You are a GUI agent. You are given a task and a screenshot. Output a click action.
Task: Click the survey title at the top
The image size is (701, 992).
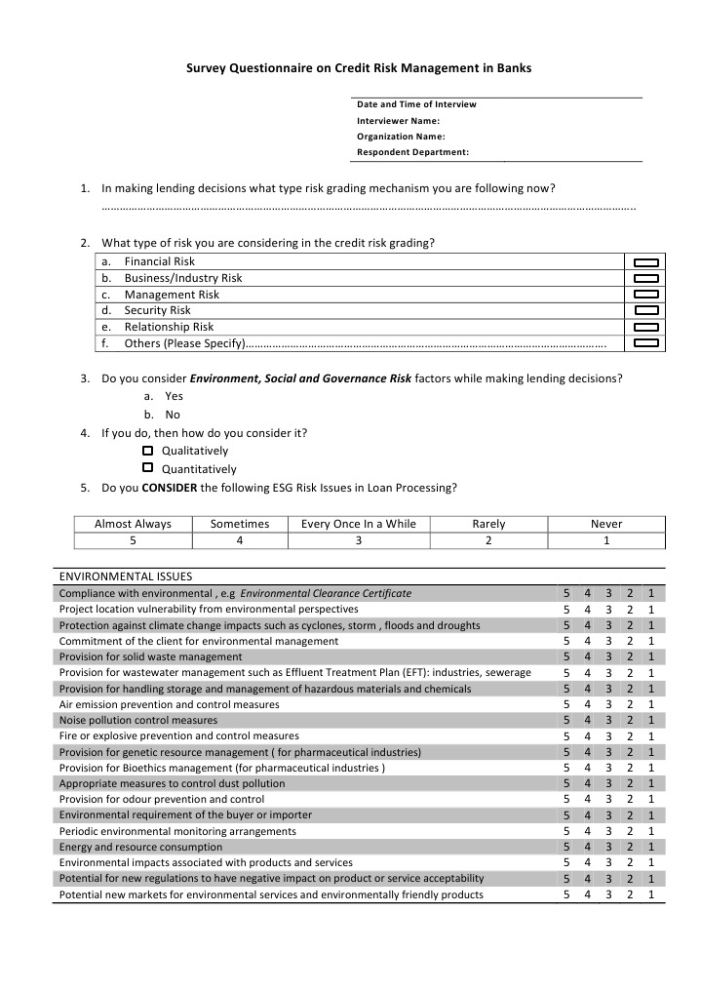(x=359, y=68)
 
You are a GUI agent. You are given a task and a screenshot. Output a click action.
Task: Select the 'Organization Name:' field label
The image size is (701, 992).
(x=401, y=137)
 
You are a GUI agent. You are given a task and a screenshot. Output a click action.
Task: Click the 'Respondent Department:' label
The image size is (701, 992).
(x=412, y=152)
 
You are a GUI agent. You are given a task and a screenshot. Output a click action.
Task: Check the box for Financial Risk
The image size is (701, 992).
(x=646, y=262)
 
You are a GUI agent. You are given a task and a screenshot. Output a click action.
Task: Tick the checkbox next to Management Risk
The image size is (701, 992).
(x=646, y=295)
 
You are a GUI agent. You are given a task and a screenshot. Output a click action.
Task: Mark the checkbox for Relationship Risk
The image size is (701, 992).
(x=646, y=327)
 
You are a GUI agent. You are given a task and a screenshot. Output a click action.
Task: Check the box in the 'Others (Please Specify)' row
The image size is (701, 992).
(x=646, y=343)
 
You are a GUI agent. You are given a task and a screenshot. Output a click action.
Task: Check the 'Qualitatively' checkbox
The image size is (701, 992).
(x=147, y=451)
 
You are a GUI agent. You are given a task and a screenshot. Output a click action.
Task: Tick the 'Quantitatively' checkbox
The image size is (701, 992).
(x=147, y=468)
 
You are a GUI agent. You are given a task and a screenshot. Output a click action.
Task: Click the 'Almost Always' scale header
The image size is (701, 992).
(x=133, y=524)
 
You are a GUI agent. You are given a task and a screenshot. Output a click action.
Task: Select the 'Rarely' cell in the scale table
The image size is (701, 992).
(x=488, y=524)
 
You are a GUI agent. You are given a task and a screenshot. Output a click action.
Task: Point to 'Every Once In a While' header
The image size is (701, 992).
(x=358, y=524)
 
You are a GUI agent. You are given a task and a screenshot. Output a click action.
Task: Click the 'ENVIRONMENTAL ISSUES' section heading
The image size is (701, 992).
(x=126, y=576)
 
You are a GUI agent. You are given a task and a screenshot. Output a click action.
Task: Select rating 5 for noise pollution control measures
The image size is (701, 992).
(x=567, y=720)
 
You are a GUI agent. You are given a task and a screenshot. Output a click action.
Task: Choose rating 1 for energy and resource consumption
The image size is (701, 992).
(x=650, y=847)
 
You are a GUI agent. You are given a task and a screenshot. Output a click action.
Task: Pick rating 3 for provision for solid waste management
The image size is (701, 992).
(x=608, y=656)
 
